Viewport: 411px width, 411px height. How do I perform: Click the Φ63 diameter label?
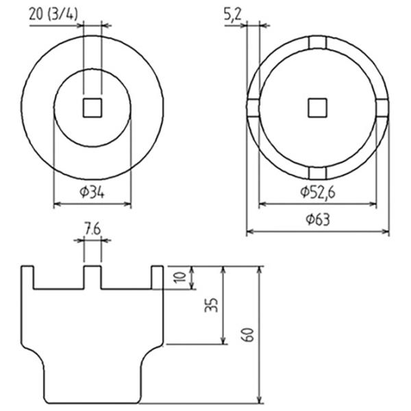click(x=317, y=220)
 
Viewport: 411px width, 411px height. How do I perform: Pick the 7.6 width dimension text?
click(x=92, y=230)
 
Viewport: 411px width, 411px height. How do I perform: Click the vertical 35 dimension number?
click(x=212, y=306)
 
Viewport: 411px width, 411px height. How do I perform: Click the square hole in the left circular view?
click(x=92, y=107)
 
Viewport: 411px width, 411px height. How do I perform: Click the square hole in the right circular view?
click(x=317, y=107)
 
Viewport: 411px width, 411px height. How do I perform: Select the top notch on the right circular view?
click(x=317, y=42)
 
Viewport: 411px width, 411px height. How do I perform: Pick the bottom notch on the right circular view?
click(x=317, y=172)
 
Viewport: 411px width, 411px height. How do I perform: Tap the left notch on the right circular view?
click(x=253, y=108)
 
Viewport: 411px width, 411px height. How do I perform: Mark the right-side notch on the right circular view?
click(x=382, y=108)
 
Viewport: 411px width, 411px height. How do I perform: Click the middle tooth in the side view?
click(x=92, y=277)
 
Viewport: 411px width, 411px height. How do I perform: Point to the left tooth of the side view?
click(x=27, y=277)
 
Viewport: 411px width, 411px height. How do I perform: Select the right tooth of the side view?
click(x=157, y=277)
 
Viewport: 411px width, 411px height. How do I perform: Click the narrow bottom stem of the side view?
click(x=92, y=384)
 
